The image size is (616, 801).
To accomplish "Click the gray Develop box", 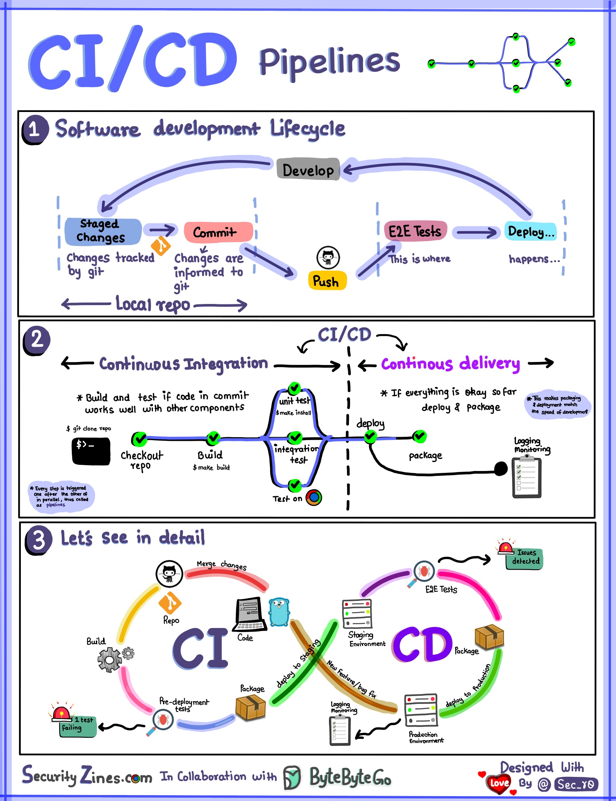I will [x=308, y=170].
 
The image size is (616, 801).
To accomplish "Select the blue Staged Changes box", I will [x=103, y=231].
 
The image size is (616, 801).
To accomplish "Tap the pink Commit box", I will [x=218, y=232].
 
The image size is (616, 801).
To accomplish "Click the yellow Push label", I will [x=327, y=281].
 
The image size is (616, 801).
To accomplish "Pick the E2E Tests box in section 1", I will [x=415, y=231].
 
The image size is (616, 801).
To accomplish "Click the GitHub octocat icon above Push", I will [x=328, y=257].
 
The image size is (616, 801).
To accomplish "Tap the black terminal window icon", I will [x=91, y=451].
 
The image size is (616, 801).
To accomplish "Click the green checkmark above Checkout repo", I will [x=139, y=439].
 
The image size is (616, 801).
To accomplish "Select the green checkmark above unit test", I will [x=294, y=388].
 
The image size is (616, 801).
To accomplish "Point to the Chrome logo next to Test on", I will [x=314, y=497].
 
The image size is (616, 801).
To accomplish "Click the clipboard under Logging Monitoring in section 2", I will [x=526, y=478].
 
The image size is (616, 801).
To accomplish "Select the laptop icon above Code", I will [x=249, y=614].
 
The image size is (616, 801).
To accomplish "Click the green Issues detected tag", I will [x=524, y=558].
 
